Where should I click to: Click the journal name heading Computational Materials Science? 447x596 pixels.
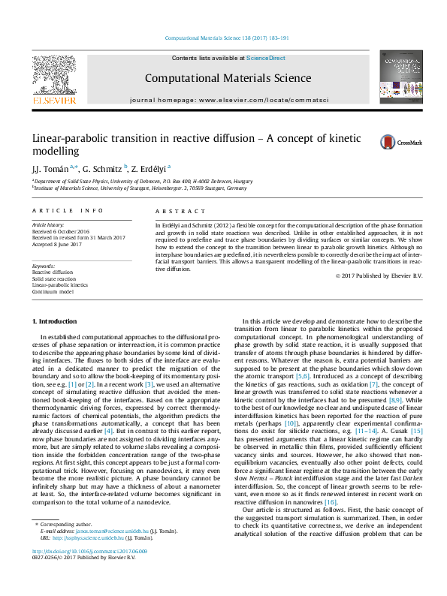[x=228, y=78]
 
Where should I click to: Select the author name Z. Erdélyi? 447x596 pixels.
[x=151, y=169]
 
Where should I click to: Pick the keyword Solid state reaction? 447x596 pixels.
[x=53, y=278]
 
